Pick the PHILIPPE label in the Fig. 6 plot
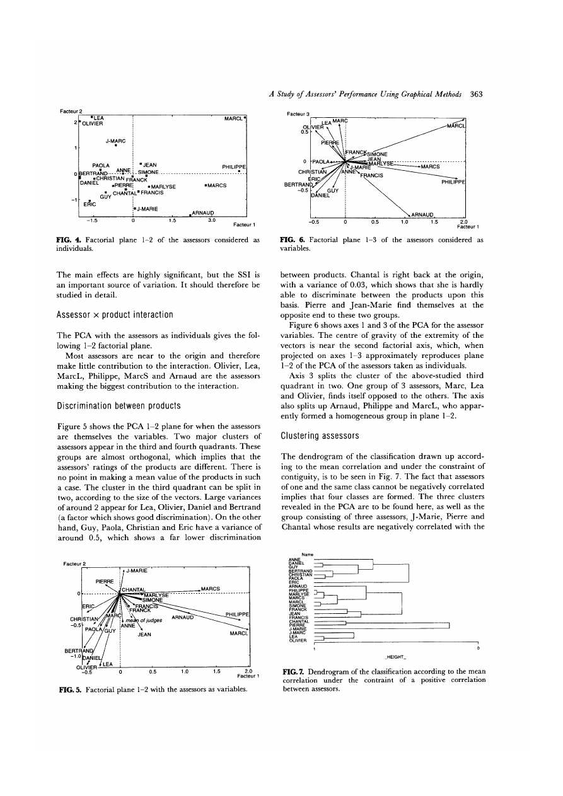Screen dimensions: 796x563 click(453, 182)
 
